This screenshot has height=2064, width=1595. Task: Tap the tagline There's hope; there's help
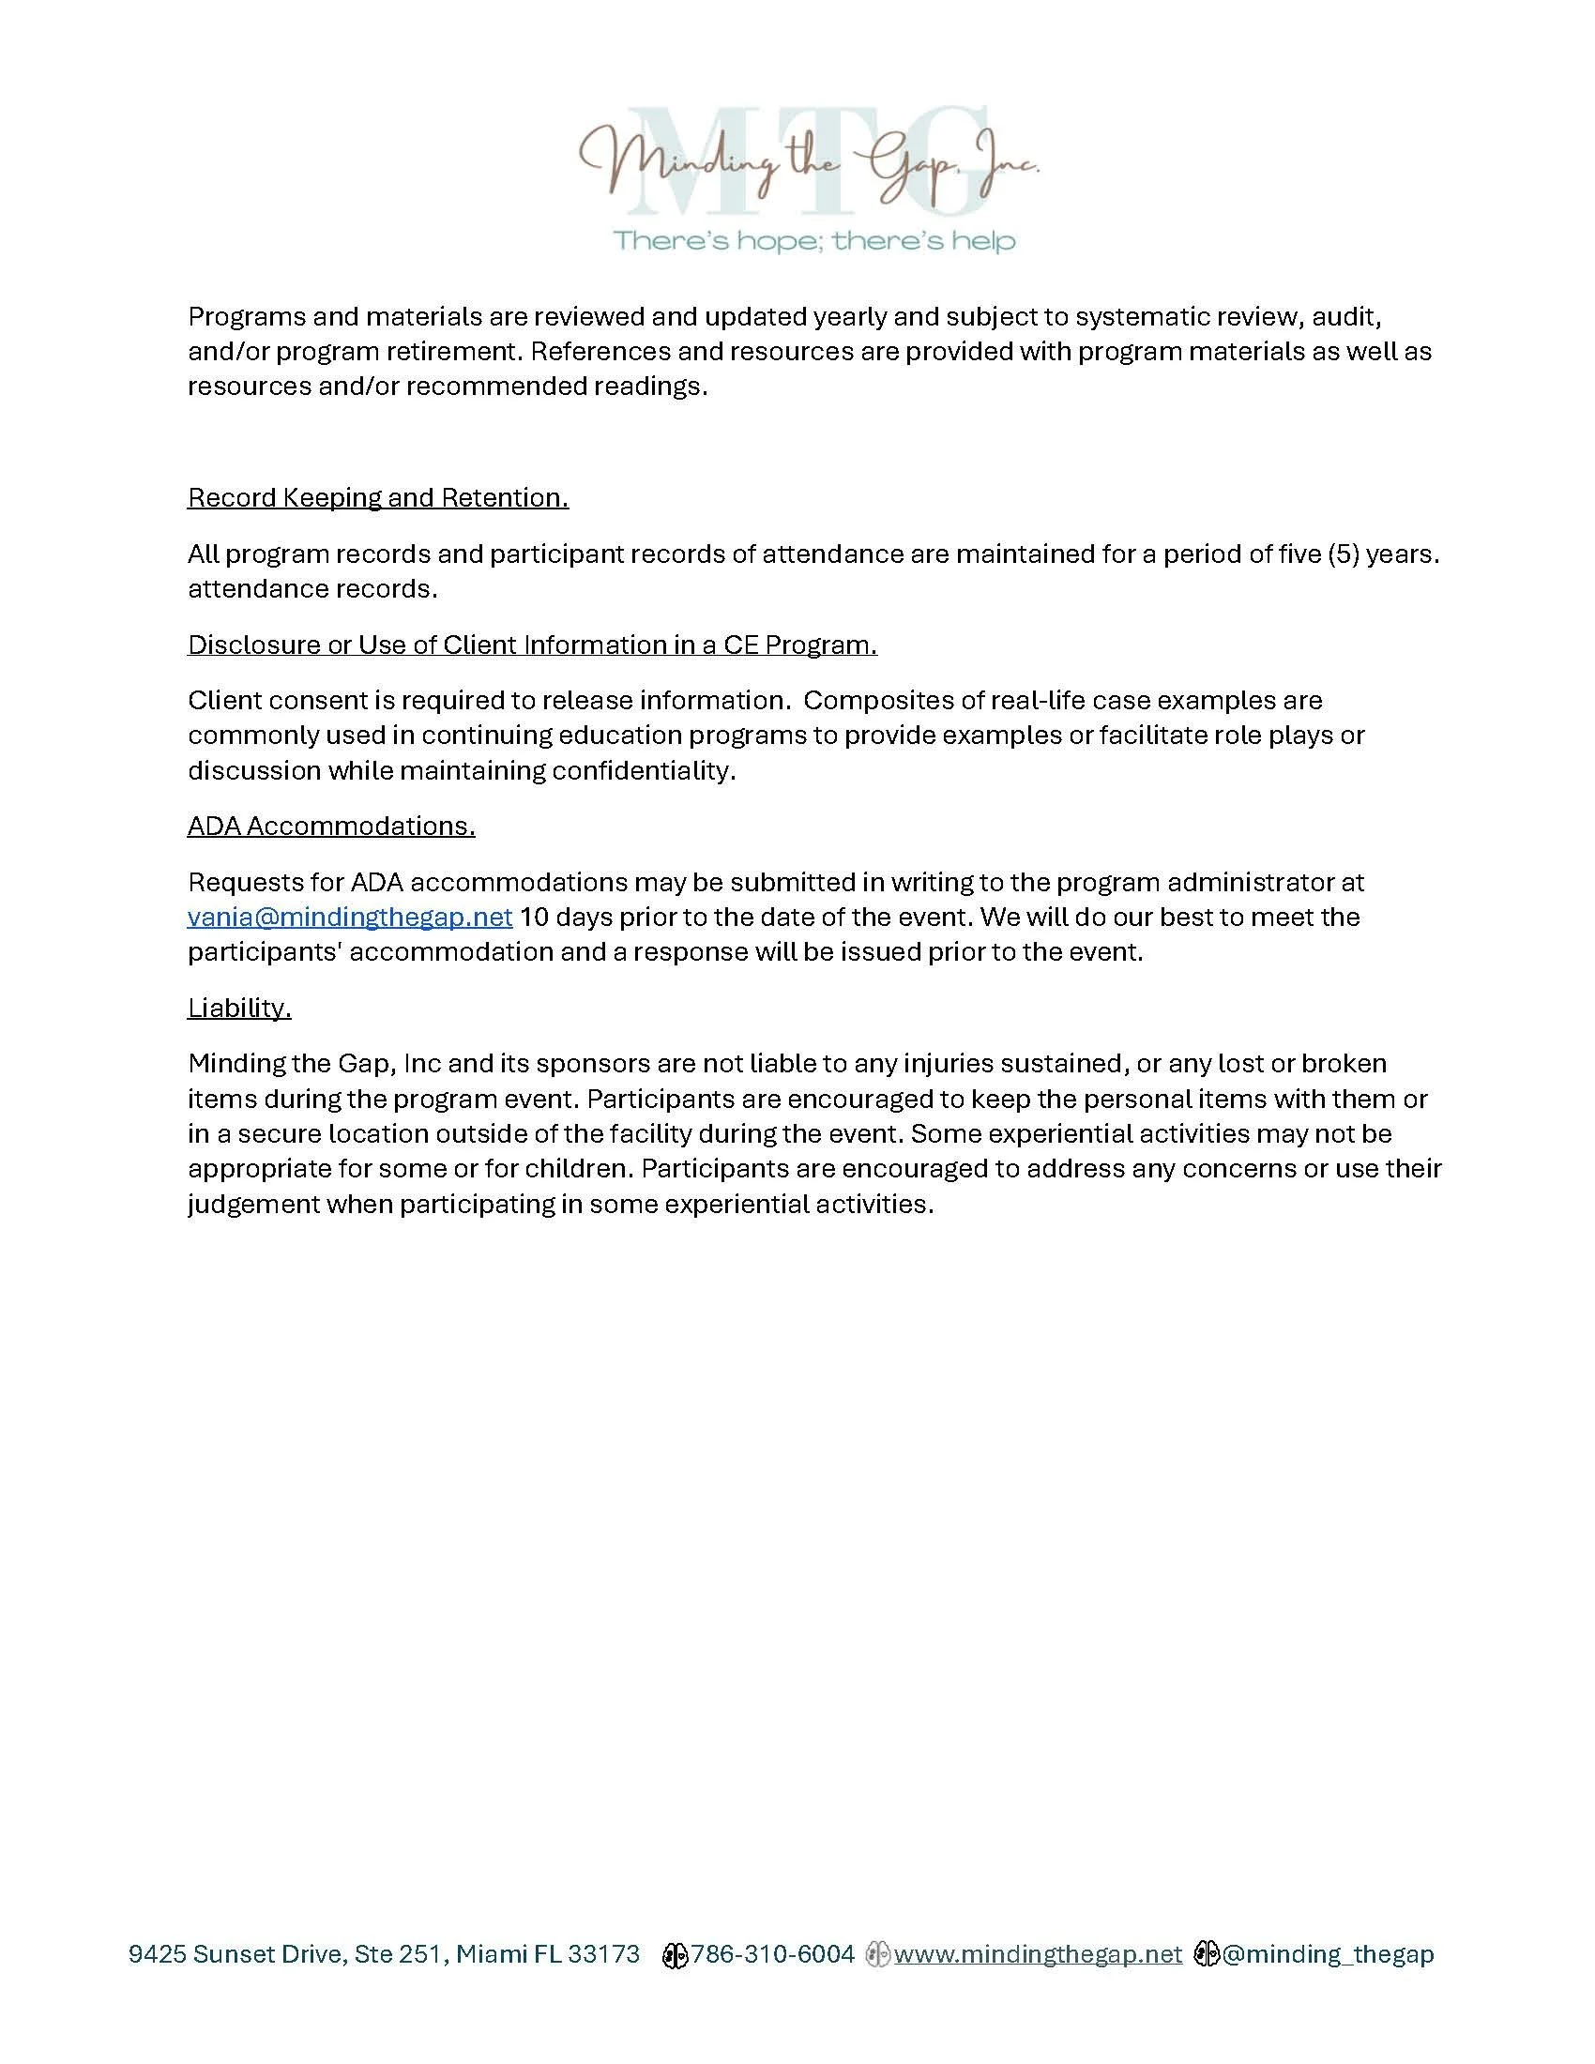coord(814,241)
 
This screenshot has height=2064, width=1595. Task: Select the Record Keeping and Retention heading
coord(378,498)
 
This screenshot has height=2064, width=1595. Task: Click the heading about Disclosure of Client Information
coord(532,645)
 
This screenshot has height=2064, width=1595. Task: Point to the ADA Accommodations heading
coord(330,826)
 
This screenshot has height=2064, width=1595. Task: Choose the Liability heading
coord(239,1009)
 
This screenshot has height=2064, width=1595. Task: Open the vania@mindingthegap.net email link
coord(350,917)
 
